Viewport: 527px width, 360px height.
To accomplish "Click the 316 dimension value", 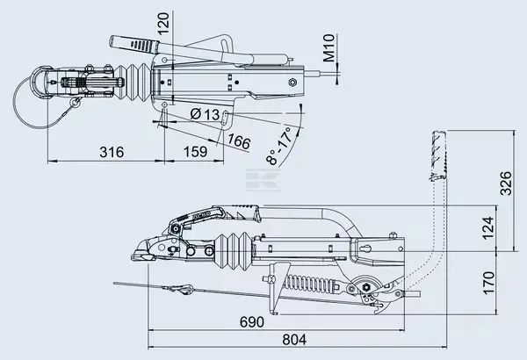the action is [x=112, y=152].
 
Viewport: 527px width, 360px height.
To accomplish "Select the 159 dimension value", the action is [x=195, y=152].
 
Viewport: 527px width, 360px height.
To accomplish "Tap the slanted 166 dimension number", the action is [x=239, y=141].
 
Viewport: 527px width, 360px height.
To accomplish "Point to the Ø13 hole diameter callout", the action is [x=205, y=114].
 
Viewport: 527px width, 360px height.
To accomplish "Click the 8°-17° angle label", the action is [x=279, y=146].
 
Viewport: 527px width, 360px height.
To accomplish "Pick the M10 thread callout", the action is [x=330, y=47].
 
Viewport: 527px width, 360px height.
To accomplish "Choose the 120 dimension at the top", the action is [x=163, y=24].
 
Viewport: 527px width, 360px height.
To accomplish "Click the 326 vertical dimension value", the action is [x=506, y=183].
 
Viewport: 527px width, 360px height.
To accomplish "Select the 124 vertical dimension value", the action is [x=488, y=228].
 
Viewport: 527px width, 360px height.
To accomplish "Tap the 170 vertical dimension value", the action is [x=488, y=283].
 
